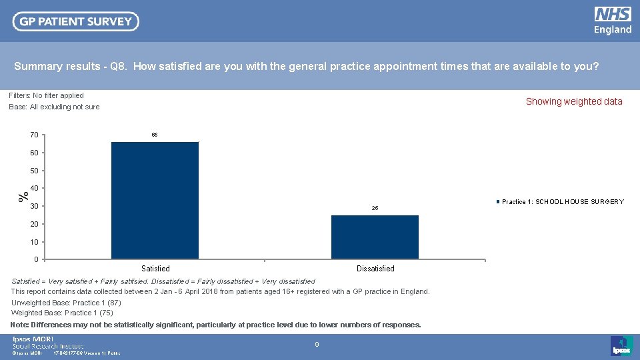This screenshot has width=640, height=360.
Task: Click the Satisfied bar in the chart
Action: (155, 200)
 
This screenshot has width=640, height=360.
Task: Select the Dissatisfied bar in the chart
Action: (375, 237)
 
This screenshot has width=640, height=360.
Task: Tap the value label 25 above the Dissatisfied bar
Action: (375, 209)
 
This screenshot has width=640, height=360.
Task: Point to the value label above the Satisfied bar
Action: (155, 135)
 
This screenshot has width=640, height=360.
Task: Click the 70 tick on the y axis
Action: (34, 135)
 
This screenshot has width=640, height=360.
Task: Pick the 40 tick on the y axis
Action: (34, 189)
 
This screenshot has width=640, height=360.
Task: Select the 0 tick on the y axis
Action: (36, 259)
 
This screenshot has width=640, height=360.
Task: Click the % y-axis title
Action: (23, 196)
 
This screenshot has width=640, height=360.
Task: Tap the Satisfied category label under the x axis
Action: (155, 269)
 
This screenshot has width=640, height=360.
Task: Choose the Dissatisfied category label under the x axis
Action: (375, 269)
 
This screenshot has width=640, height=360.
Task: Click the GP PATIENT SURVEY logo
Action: (76, 21)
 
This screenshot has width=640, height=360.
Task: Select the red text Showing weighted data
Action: (573, 102)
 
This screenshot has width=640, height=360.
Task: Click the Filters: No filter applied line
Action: (47, 95)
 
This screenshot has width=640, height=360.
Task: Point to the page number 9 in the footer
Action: (317, 344)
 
